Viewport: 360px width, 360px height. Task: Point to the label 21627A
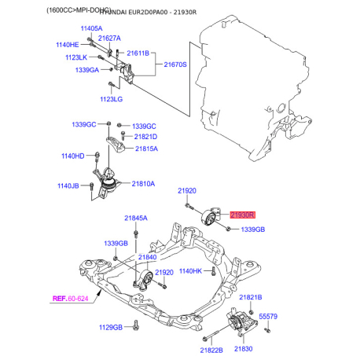tap(110, 38)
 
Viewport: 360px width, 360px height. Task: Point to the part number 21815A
tap(145, 148)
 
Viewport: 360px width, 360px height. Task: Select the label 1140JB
tap(69, 186)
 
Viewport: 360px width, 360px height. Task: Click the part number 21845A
tap(135, 218)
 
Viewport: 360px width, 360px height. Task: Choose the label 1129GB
tap(112, 325)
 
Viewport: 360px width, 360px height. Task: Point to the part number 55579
tap(269, 316)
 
